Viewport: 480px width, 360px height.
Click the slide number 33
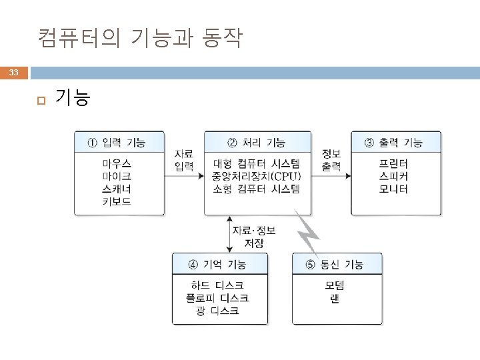point(15,72)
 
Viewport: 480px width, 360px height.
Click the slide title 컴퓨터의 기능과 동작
point(140,39)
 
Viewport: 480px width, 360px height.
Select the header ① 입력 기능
point(119,142)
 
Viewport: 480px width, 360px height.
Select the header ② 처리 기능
point(257,142)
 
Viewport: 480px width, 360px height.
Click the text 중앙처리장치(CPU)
point(257,176)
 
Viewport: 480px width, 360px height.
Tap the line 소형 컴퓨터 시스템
point(257,189)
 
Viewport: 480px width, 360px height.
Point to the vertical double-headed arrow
point(229,233)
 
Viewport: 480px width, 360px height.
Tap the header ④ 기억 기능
point(219,265)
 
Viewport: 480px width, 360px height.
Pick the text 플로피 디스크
point(219,298)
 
